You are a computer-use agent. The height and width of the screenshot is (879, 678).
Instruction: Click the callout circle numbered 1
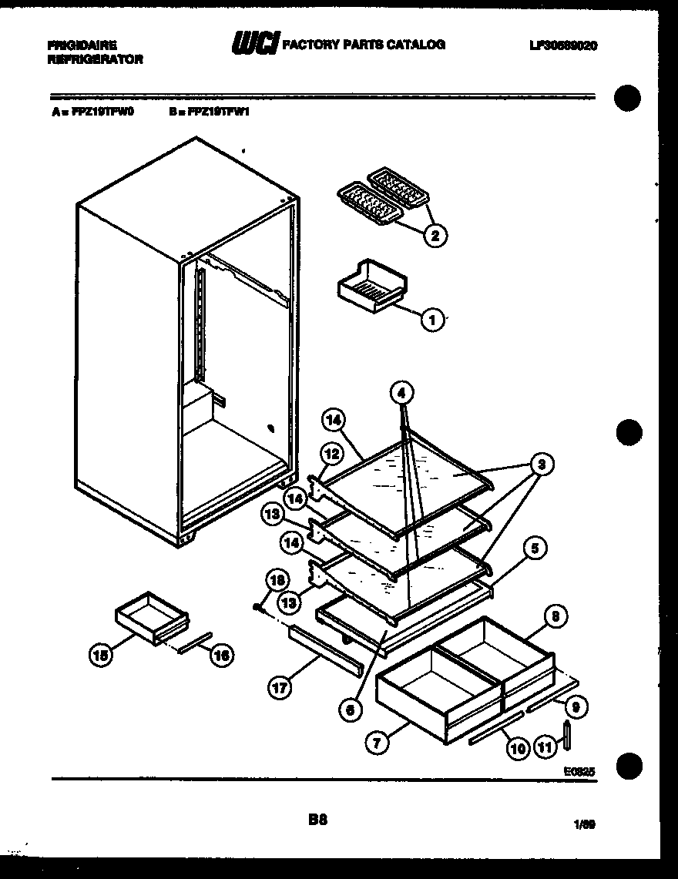tap(433, 319)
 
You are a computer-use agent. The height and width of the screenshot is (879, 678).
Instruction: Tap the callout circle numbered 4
tap(401, 393)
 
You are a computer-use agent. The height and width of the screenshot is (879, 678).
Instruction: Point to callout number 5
tap(535, 549)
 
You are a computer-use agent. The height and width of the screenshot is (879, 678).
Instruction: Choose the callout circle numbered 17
tap(280, 688)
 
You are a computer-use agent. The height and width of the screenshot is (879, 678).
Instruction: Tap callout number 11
tap(545, 746)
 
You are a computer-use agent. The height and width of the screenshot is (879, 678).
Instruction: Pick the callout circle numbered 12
tap(331, 455)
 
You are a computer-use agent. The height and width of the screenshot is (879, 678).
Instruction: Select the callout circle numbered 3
tap(543, 464)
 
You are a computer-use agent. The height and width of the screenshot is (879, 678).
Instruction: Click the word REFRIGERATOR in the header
tap(95, 59)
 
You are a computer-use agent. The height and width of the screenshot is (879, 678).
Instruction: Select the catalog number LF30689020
tap(563, 45)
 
